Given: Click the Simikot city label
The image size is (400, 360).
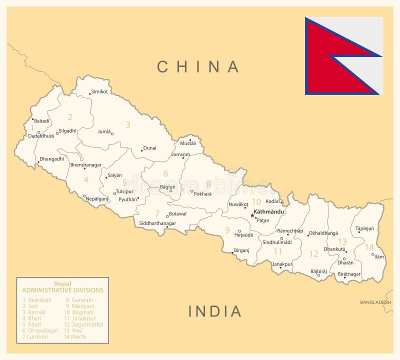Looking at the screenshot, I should (x=99, y=92).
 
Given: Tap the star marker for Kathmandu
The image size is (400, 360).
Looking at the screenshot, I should (x=252, y=215).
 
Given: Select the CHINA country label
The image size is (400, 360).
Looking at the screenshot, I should (x=198, y=66).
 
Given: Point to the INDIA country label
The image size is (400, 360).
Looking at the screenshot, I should (x=215, y=311).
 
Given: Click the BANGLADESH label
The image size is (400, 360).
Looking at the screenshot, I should (x=375, y=302).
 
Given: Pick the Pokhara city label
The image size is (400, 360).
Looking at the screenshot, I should (x=203, y=193).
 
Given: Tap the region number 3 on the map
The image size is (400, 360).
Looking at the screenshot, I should (x=128, y=125).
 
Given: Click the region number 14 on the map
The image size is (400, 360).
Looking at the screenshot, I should (x=369, y=247).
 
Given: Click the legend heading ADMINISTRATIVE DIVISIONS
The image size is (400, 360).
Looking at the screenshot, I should (x=62, y=290).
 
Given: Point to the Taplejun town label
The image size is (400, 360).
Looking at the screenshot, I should (x=365, y=228).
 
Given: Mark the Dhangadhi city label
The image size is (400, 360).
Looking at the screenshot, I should (x=52, y=159).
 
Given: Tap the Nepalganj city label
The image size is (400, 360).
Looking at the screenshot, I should (x=97, y=198).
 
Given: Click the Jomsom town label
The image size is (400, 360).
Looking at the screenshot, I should (x=180, y=154).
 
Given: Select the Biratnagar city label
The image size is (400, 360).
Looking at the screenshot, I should (x=349, y=274).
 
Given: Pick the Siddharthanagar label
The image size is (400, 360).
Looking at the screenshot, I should (x=157, y=223).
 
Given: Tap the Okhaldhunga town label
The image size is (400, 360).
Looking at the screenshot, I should (x=323, y=233).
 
